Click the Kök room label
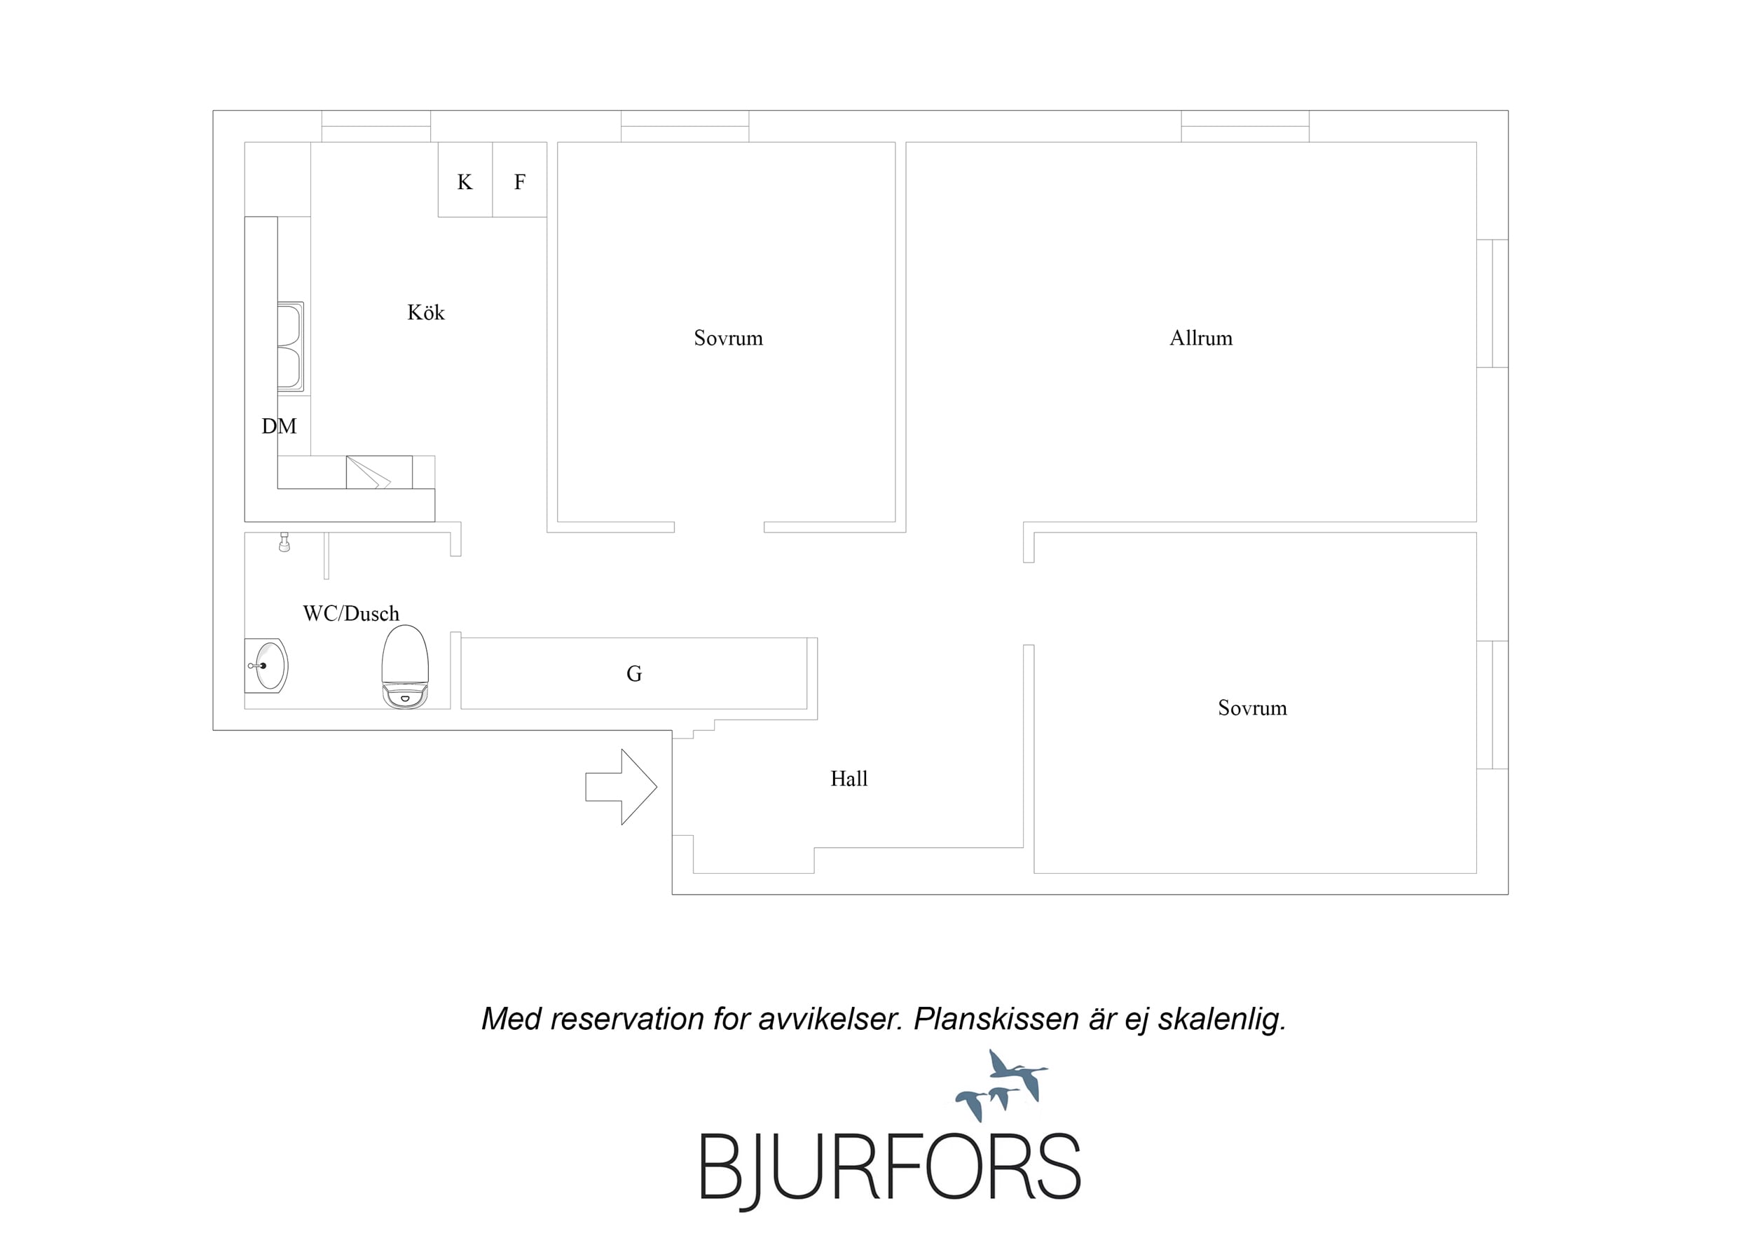[425, 312]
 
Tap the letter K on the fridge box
[465, 182]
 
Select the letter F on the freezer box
[519, 182]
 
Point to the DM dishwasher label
[279, 427]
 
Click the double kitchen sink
[291, 347]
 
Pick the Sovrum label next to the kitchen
[728, 338]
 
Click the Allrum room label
[1201, 338]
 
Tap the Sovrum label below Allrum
[1252, 708]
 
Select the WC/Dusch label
[351, 613]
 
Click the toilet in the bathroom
[405, 667]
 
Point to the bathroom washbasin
[266, 666]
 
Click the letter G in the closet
[633, 673]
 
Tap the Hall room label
[849, 779]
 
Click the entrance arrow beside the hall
[621, 786]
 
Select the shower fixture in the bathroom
[284, 542]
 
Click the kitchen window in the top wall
[376, 126]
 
